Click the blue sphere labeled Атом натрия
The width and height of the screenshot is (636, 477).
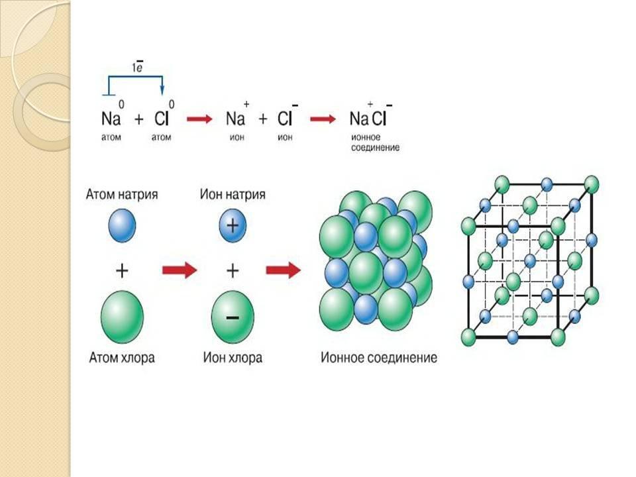tap(122, 226)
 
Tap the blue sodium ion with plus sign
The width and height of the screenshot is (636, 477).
tap(233, 226)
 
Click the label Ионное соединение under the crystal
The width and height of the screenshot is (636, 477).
tap(378, 358)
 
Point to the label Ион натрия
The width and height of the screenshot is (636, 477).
tap(233, 195)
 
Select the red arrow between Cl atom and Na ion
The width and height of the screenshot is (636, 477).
tap(199, 119)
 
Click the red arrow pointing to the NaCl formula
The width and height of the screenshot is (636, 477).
tap(323, 119)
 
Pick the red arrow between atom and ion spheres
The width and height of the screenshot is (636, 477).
tap(180, 270)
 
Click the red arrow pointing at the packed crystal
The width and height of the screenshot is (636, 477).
tap(283, 270)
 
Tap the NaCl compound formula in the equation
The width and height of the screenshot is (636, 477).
tap(368, 119)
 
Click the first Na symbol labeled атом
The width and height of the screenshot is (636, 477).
tap(110, 119)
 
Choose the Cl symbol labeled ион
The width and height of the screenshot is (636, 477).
tap(286, 119)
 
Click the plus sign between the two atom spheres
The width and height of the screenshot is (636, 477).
tap(122, 270)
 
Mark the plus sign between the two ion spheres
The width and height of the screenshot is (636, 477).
tap(233, 270)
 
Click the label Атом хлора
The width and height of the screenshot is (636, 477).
tap(122, 358)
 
